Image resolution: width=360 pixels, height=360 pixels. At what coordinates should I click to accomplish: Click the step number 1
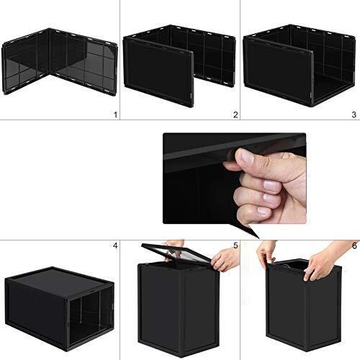[116, 114]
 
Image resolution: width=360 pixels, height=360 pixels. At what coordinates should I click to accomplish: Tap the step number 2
[235, 114]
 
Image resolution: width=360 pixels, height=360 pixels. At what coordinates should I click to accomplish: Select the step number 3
[354, 114]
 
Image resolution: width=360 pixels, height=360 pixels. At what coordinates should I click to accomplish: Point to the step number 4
[115, 246]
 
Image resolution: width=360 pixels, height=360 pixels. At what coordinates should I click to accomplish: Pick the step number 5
[235, 246]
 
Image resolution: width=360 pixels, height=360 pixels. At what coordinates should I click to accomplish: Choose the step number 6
[354, 246]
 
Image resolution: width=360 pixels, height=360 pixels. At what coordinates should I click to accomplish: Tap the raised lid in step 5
[176, 253]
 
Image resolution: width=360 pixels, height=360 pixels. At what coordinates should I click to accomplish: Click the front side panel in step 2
[158, 72]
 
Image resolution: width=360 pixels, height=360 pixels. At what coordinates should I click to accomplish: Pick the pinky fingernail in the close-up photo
[264, 210]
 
